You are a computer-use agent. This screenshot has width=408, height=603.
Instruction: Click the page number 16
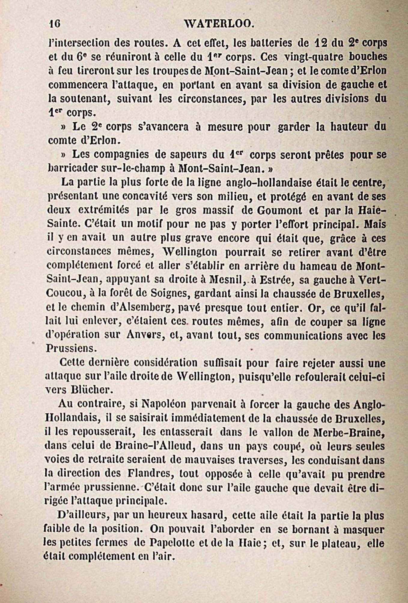click(x=55, y=24)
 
